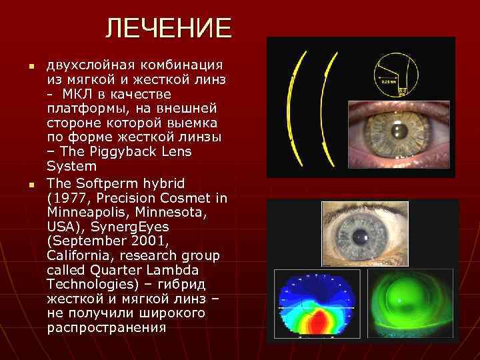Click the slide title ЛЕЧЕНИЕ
pos(169,29)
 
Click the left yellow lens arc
pos(293,107)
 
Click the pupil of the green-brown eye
pos(399,131)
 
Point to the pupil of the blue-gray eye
pos(361,236)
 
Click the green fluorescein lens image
pos(413,304)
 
